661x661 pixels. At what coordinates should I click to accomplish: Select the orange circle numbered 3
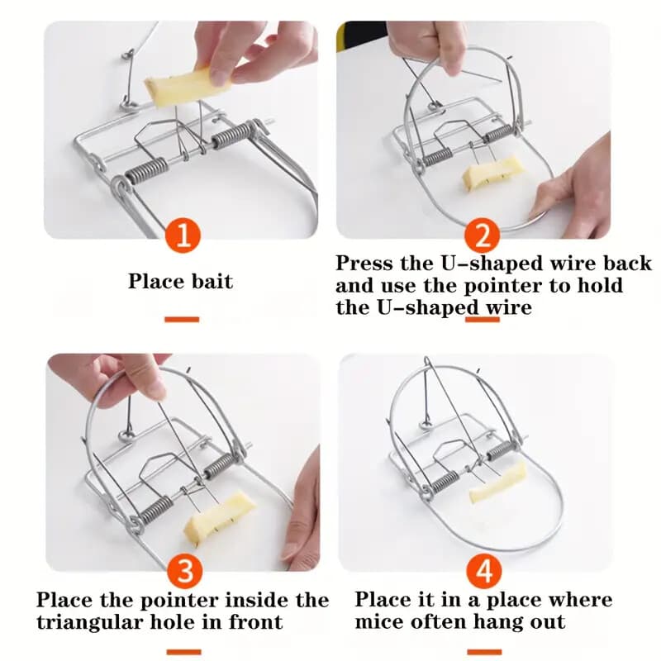click(182, 570)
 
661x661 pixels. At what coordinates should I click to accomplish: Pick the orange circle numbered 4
click(482, 570)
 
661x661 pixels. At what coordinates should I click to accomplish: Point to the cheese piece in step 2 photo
click(492, 171)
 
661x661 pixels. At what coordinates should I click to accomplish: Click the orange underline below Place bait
click(182, 319)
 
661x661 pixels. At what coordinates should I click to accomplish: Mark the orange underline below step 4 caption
click(482, 651)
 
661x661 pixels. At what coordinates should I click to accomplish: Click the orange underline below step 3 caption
click(182, 651)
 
